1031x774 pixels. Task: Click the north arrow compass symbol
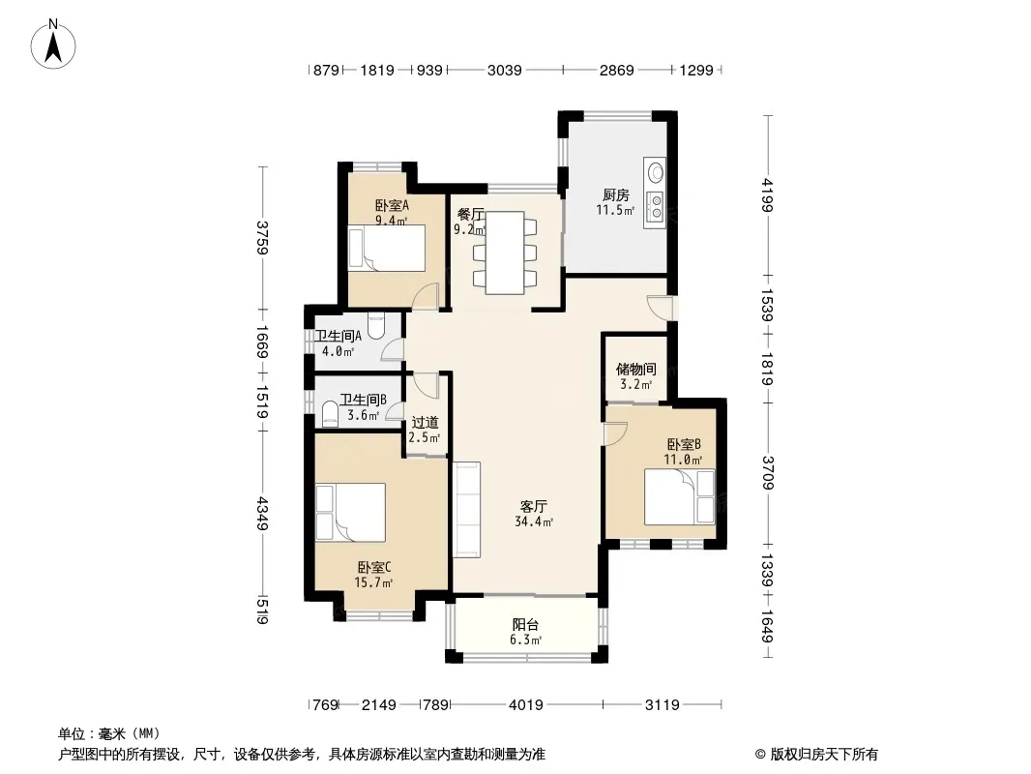[x=53, y=44]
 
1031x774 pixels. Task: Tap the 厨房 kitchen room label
[x=616, y=194]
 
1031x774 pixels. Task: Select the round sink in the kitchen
[x=655, y=172]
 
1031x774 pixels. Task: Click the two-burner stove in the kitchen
[x=655, y=205]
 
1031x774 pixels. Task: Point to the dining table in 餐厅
[x=505, y=253]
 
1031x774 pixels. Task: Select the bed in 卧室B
[x=679, y=496]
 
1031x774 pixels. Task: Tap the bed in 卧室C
[x=350, y=512]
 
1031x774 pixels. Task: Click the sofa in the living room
[x=466, y=510]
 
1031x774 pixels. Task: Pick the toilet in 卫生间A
[x=376, y=326]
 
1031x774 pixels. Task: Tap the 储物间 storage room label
[x=635, y=369]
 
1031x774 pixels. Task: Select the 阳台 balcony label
[x=525, y=624]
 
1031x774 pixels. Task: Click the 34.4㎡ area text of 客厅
[x=534, y=522]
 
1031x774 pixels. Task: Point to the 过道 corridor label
[x=425, y=422]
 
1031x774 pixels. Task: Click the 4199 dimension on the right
[x=767, y=195]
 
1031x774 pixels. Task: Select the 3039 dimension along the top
[x=504, y=70]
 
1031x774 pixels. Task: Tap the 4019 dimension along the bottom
[x=526, y=705]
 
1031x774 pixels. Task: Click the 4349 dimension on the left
[x=262, y=514]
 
